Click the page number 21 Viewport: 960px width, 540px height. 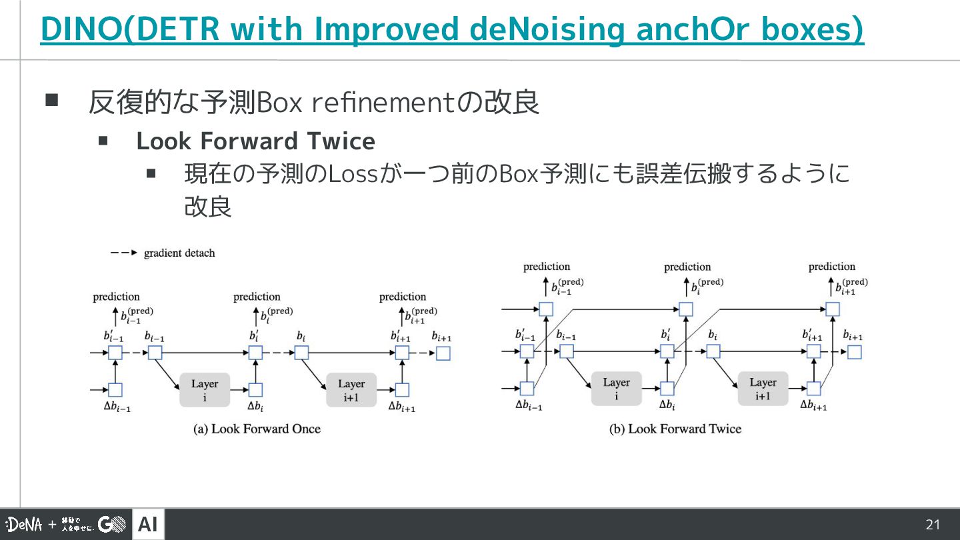[x=933, y=525]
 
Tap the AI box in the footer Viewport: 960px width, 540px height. [x=148, y=525]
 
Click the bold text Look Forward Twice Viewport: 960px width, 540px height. [x=255, y=141]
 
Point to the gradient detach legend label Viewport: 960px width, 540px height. [x=179, y=253]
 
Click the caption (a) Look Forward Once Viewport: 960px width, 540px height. [x=257, y=429]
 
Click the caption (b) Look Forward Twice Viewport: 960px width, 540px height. [x=675, y=429]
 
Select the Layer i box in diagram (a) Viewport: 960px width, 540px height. [x=205, y=390]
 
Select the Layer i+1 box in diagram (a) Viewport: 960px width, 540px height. [x=351, y=390]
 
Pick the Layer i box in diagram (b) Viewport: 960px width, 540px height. [x=616, y=389]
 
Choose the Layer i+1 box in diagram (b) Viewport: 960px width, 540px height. [x=763, y=389]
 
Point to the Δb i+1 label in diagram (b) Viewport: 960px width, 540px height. [x=813, y=405]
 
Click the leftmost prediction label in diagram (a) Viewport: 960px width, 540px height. [x=117, y=297]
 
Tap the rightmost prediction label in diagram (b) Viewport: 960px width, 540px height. [x=831, y=267]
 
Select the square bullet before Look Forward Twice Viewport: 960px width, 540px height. [x=103, y=141]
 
